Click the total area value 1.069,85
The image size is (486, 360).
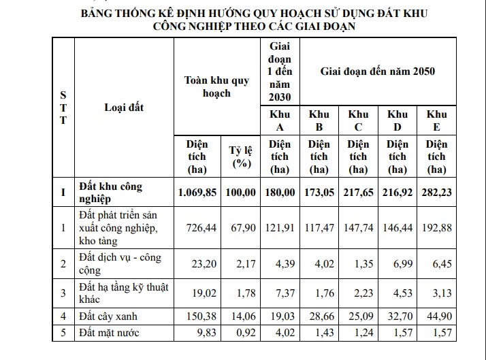[197, 193]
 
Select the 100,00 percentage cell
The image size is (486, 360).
[241, 193]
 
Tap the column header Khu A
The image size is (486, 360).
[280, 120]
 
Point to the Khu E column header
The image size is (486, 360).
[436, 120]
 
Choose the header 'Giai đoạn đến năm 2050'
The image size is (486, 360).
[378, 71]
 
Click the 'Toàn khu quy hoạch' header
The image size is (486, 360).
[217, 86]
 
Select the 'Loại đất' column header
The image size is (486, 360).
[124, 107]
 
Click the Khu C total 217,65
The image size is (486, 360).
[358, 193]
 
